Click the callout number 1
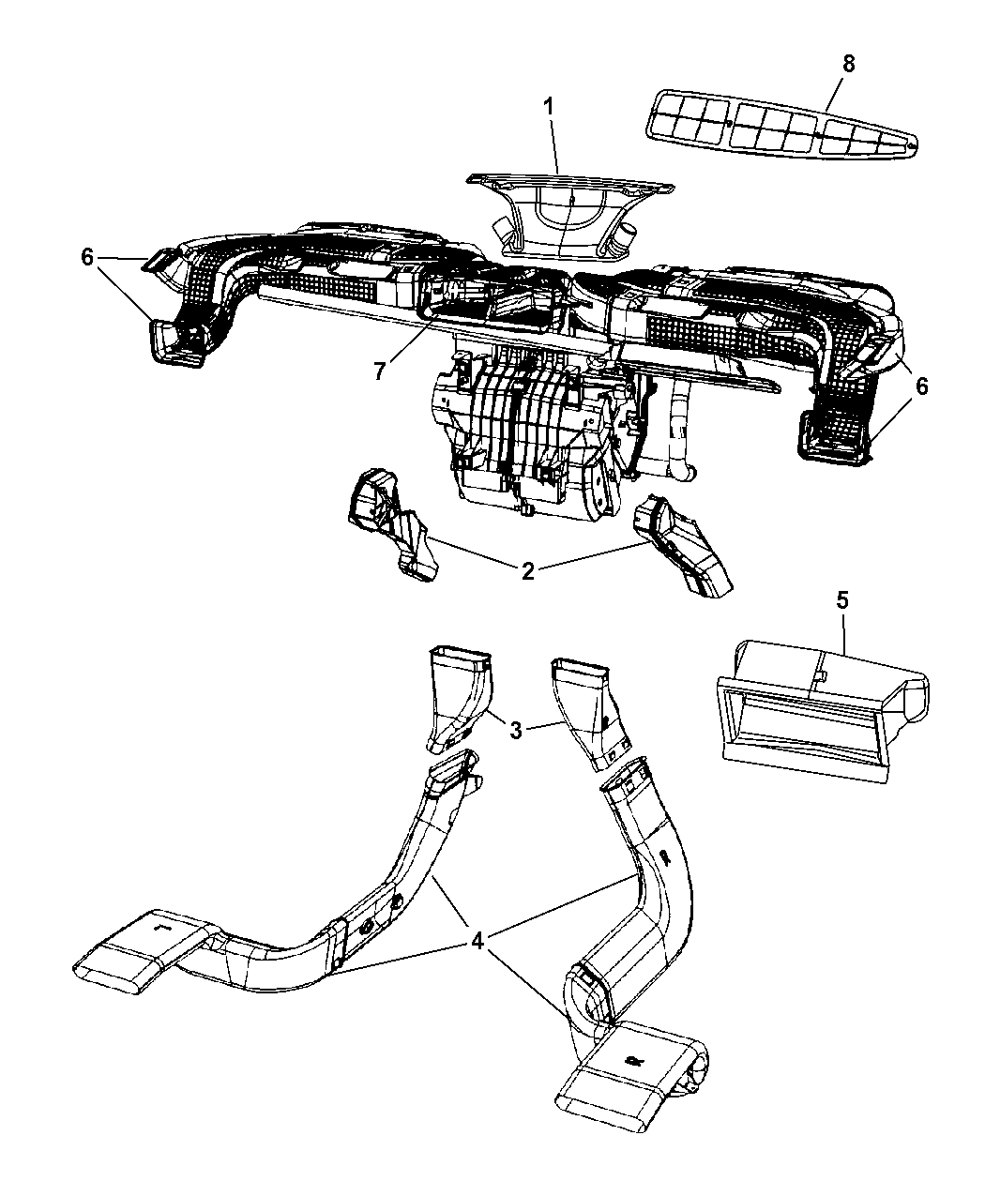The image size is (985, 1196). [549, 108]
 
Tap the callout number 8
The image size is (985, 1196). [849, 65]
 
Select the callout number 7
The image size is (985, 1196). [379, 371]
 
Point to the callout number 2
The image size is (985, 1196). [528, 570]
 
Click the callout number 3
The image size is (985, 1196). [516, 730]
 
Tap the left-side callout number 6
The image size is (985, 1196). [87, 257]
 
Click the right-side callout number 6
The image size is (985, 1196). [921, 386]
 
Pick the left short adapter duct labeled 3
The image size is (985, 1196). [459, 698]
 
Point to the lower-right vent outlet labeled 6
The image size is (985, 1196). [834, 436]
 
